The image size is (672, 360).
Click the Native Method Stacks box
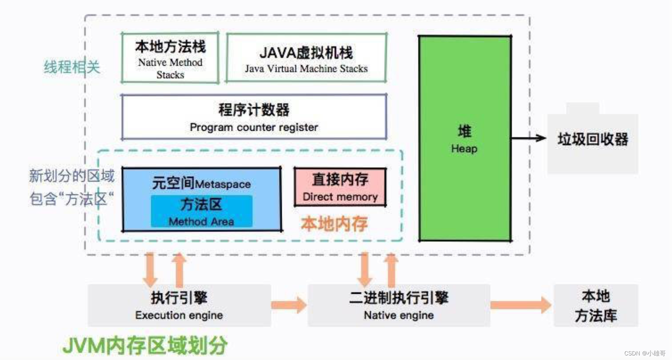[x=170, y=58]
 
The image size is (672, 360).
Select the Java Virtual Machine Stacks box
[x=306, y=58]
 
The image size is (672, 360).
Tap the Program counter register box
[x=254, y=117]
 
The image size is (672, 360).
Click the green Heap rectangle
[x=465, y=138]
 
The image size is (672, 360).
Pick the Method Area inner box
[x=202, y=211]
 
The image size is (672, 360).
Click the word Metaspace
[x=223, y=184]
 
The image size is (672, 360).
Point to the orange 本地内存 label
[x=334, y=224]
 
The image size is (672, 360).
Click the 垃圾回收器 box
[x=593, y=139]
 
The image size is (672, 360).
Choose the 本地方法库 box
[x=596, y=306]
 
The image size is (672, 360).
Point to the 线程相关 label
[x=72, y=67]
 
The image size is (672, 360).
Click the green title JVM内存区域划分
[x=145, y=345]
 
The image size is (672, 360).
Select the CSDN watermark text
[x=645, y=353]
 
